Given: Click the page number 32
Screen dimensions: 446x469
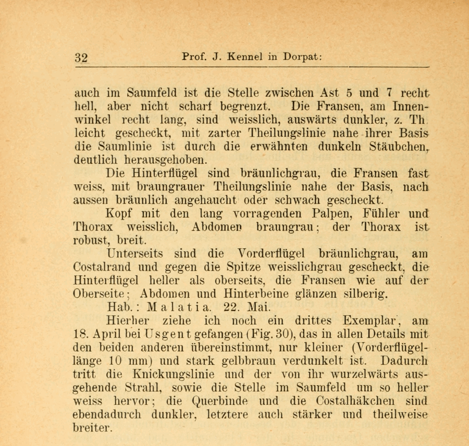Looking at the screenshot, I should [81, 57].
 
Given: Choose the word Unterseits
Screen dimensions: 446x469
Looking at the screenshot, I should [134, 254].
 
